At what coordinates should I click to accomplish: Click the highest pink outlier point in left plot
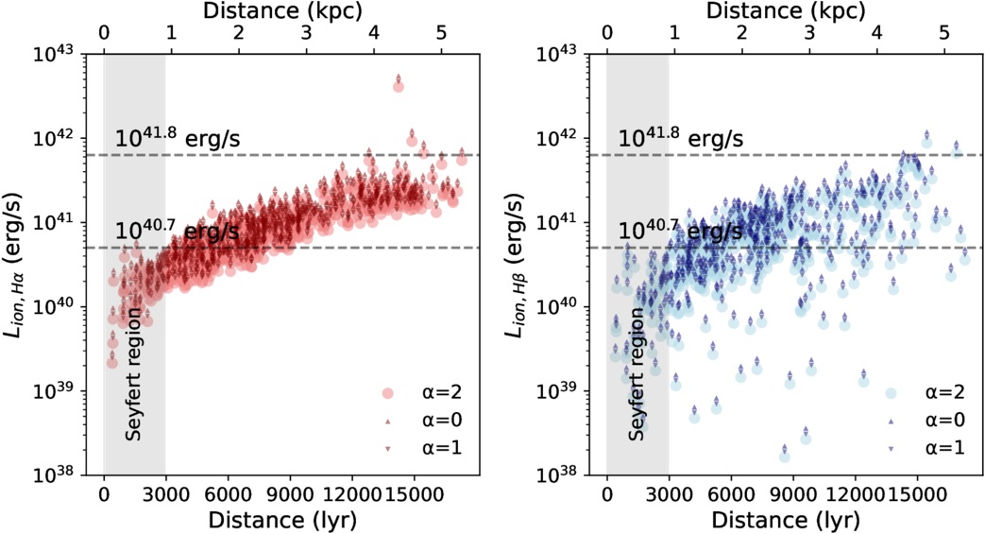(x=398, y=86)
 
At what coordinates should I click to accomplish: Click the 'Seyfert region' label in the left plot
(x=134, y=373)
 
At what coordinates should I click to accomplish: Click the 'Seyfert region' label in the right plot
(x=637, y=373)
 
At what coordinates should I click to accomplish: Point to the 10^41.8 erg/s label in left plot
(x=178, y=138)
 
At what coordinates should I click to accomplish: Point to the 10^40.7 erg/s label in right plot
(x=680, y=231)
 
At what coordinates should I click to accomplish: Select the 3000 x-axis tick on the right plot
(x=669, y=493)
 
